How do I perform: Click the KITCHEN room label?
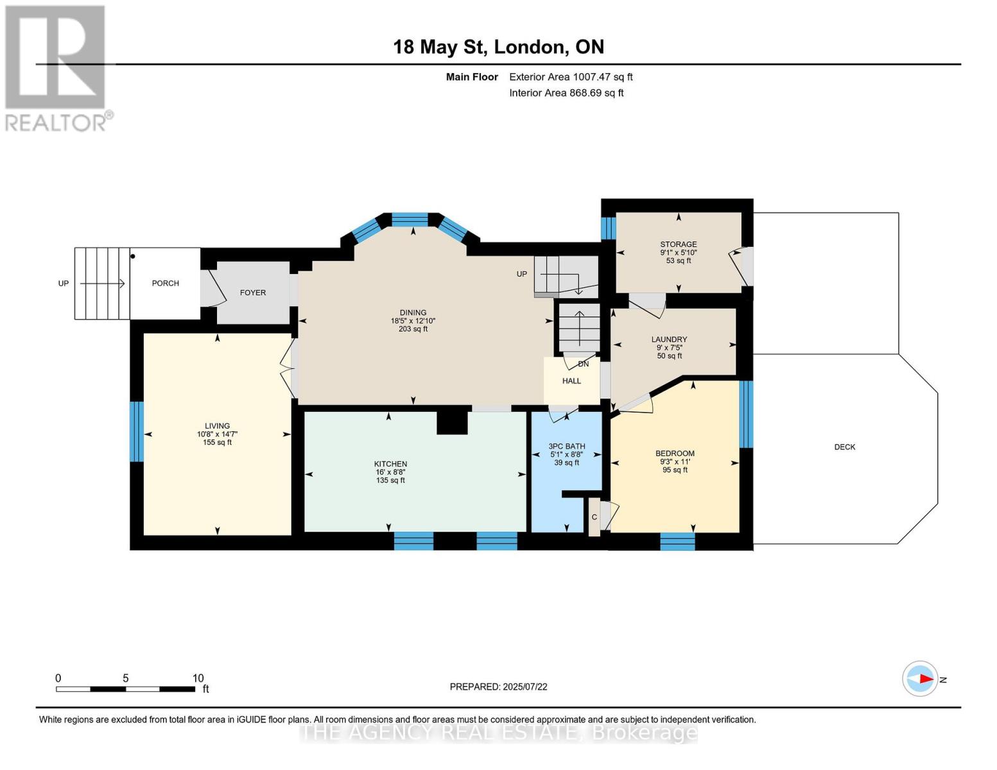pos(390,464)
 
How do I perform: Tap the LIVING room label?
pos(217,425)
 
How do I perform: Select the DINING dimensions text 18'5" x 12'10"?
pos(413,321)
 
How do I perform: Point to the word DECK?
pos(845,447)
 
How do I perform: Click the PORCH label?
pos(165,283)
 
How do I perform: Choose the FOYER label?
pos(253,292)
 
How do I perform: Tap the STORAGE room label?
pos(678,244)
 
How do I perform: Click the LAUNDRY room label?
pos(669,339)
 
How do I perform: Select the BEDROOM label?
pos(675,453)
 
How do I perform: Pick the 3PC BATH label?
pos(567,446)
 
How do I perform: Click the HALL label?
pos(571,381)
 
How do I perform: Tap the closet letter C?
pos(594,517)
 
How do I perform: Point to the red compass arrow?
pos(926,679)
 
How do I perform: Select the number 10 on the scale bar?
pos(198,678)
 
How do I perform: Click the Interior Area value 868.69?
pos(585,92)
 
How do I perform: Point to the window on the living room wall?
pos(136,431)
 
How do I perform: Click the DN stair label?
pos(583,364)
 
